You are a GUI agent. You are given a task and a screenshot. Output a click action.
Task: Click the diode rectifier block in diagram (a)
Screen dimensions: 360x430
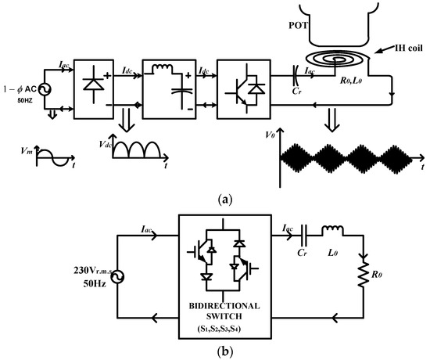click(91, 89)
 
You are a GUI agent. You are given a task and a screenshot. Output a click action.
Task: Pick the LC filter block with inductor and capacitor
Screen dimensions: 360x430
click(167, 89)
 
